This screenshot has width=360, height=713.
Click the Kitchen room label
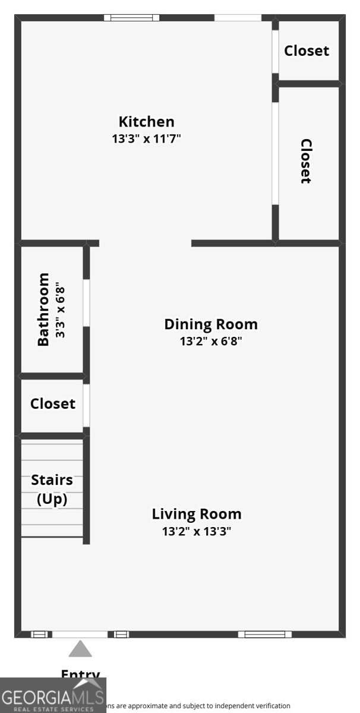tap(146, 122)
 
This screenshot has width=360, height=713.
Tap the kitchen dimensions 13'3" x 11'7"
tap(146, 139)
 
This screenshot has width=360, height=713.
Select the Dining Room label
tap(211, 324)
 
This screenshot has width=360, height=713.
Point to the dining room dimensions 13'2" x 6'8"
tap(211, 342)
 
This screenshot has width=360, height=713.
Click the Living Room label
tap(197, 514)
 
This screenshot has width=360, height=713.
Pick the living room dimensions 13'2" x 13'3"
tap(197, 531)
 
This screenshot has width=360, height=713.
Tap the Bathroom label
tap(43, 309)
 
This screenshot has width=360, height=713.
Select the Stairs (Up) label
tap(52, 489)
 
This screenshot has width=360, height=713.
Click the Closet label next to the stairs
tap(53, 404)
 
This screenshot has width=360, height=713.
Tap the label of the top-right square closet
tap(307, 51)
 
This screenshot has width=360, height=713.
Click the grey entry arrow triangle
tap(80, 649)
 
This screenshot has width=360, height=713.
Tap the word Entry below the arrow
tap(80, 674)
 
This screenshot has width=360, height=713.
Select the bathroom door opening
tap(86, 302)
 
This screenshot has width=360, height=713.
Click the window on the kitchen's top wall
tap(132, 18)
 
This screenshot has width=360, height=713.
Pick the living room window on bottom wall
tap(265, 635)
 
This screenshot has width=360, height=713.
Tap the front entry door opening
tap(80, 635)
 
